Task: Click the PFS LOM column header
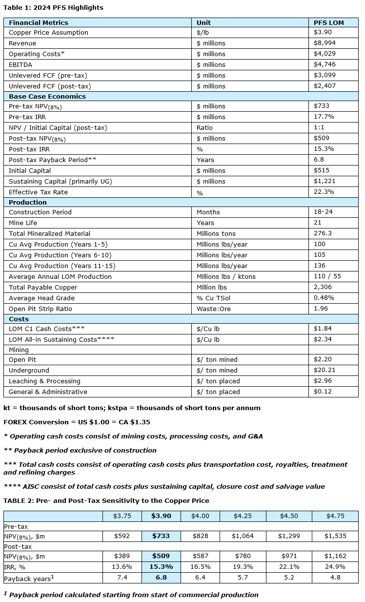click(329, 22)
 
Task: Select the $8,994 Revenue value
click(324, 43)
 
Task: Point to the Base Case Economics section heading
click(40, 96)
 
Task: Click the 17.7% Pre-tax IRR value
click(324, 117)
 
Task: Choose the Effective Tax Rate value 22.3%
click(324, 192)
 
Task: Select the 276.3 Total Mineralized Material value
click(323, 233)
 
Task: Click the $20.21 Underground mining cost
click(324, 370)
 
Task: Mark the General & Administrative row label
click(48, 392)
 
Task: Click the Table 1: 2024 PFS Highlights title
click(53, 8)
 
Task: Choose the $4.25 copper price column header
click(239, 516)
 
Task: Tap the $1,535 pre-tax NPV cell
click(335, 536)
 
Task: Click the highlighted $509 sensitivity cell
click(161, 556)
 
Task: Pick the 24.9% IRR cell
click(335, 567)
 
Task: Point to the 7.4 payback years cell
click(122, 578)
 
